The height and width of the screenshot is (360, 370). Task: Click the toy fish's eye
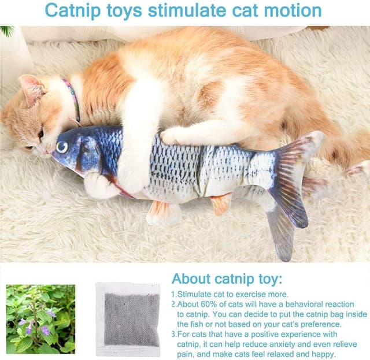62,147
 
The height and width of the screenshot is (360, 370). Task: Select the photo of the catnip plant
40,319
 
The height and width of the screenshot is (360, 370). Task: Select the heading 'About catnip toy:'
227,279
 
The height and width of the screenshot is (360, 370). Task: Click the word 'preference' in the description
317,324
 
